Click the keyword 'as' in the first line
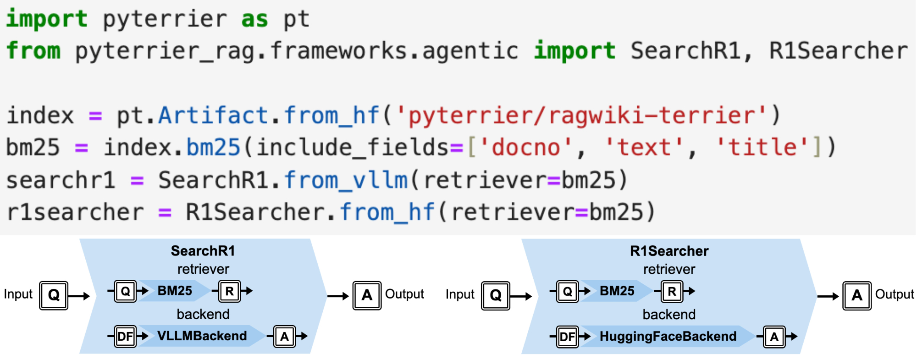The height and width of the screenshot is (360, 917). (x=254, y=19)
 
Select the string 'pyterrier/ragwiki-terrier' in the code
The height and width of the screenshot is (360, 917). (x=580, y=115)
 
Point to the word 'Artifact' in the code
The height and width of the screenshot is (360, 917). (x=213, y=115)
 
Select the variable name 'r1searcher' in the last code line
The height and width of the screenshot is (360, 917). (x=75, y=212)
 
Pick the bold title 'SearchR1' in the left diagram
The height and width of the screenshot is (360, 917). (x=203, y=251)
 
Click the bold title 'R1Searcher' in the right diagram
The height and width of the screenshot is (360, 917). (x=669, y=251)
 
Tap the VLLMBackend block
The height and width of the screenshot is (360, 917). (x=202, y=336)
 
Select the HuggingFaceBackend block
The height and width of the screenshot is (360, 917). (x=668, y=337)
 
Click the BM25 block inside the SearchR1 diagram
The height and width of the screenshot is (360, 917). (x=175, y=291)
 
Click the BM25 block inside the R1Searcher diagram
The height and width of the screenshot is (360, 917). (x=617, y=291)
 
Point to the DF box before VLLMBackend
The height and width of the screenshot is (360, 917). (x=125, y=337)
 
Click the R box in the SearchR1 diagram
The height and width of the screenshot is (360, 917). (x=230, y=291)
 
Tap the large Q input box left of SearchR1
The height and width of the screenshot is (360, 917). (x=54, y=295)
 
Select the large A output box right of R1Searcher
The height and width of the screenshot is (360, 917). (x=856, y=296)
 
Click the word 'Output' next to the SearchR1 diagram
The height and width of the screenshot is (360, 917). (x=404, y=294)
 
